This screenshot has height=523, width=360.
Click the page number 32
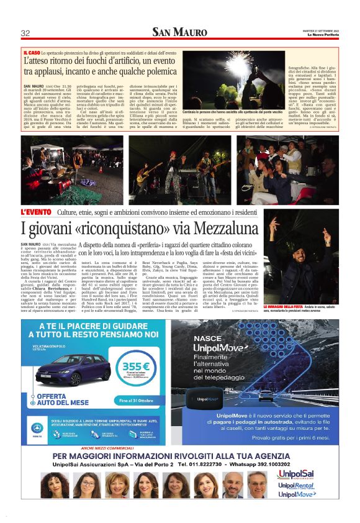(x=26, y=33)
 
